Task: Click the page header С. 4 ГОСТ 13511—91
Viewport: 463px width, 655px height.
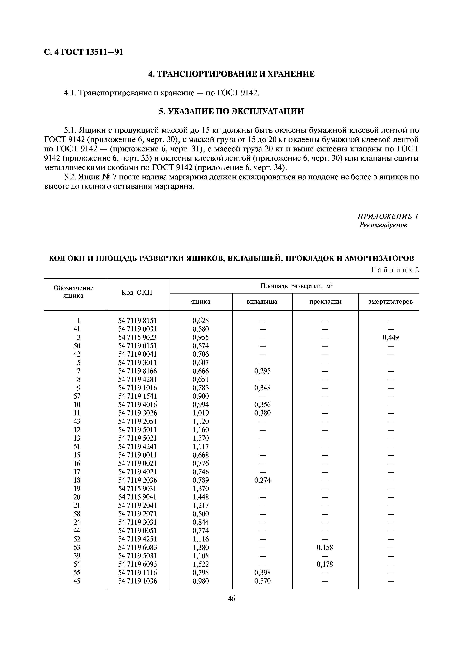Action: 84,52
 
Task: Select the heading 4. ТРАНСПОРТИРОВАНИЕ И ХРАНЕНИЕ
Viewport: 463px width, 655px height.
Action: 231,74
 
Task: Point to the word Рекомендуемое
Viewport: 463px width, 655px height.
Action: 383,225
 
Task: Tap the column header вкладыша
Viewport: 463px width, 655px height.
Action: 262,302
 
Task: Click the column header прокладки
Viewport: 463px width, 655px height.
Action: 325,302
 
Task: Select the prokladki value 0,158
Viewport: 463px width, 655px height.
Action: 325,547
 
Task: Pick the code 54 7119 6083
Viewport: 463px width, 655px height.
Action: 137,547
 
